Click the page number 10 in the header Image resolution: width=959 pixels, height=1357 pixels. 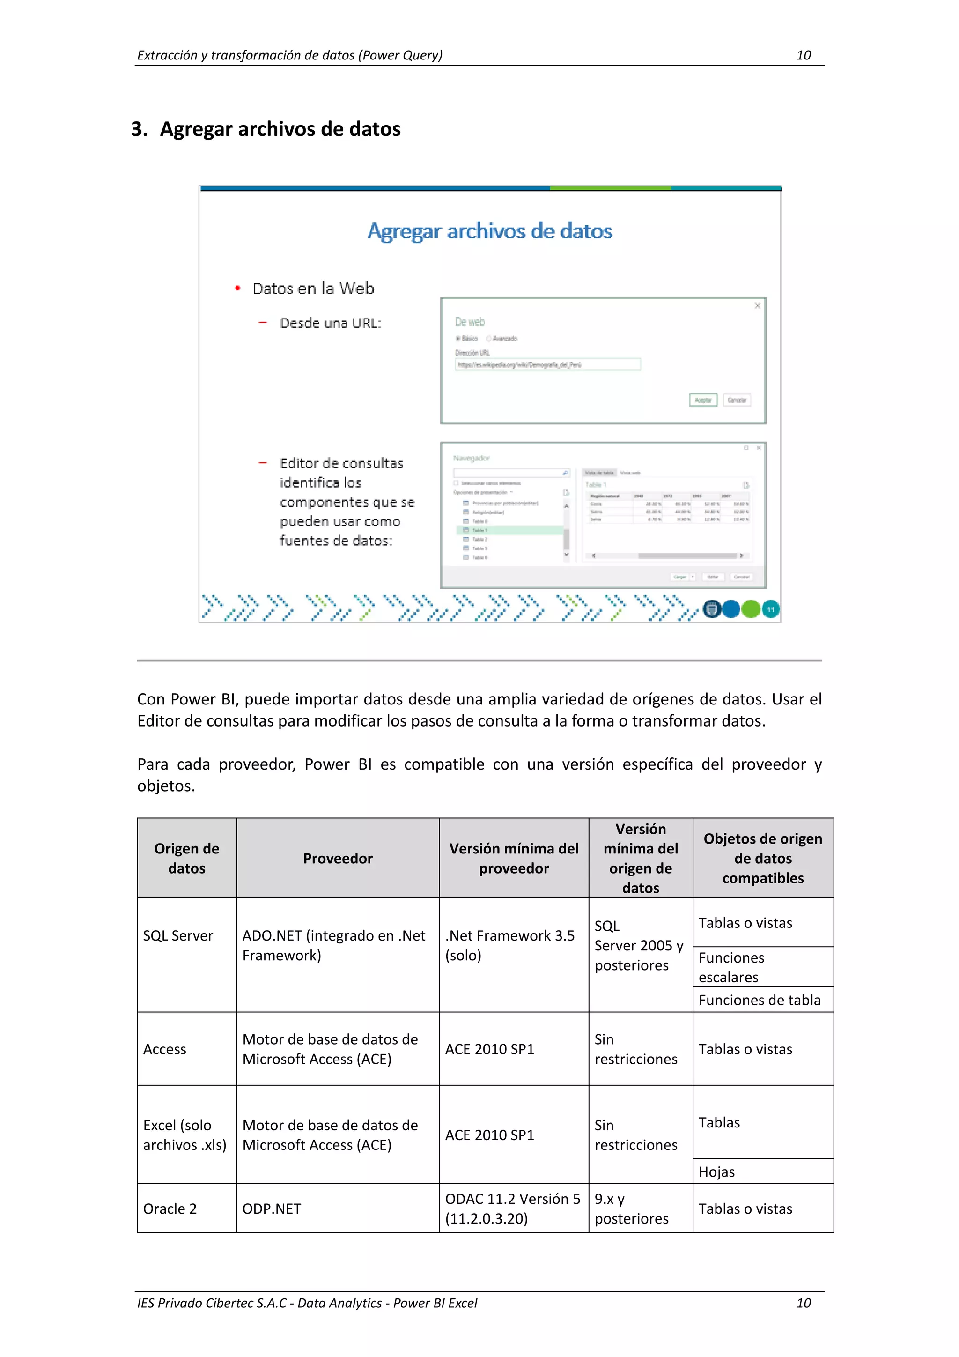[803, 55]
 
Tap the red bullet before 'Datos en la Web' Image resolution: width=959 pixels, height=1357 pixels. [237, 289]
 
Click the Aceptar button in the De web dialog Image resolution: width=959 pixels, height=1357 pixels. [702, 400]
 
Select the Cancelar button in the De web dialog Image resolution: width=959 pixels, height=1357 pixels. [737, 400]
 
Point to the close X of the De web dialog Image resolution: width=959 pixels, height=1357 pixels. [757, 305]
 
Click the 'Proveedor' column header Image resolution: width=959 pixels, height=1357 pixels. [338, 858]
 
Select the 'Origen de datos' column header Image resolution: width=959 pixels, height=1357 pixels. [187, 858]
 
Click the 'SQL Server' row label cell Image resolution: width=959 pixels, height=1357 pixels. [178, 935]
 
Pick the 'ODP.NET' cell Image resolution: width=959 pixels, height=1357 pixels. [272, 1209]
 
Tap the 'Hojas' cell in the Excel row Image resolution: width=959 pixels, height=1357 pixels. [717, 1172]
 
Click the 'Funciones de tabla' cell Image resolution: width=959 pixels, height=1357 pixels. [759, 1000]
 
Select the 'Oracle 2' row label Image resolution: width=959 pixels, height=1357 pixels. [170, 1209]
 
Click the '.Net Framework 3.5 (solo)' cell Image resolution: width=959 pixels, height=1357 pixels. [509, 945]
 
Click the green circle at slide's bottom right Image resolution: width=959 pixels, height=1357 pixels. [751, 609]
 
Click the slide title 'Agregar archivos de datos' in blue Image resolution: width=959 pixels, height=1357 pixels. [489, 231]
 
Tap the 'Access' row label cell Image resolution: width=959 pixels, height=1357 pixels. [165, 1049]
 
